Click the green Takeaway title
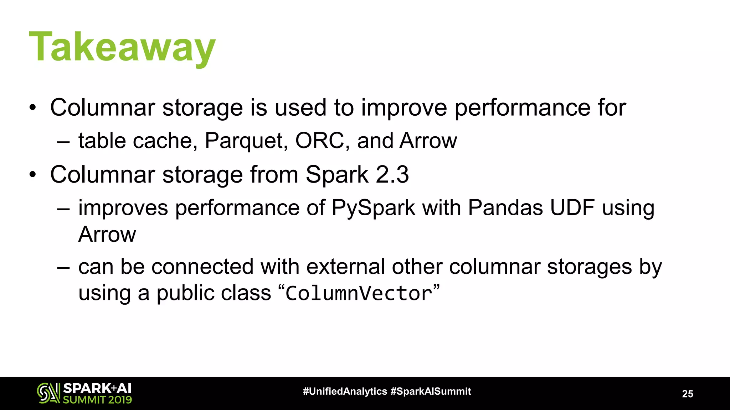(x=122, y=47)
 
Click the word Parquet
(x=246, y=141)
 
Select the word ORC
(x=320, y=141)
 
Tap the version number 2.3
(x=392, y=174)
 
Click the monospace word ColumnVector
(x=359, y=294)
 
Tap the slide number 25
(x=687, y=394)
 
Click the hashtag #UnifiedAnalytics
(x=345, y=391)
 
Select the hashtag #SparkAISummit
(x=431, y=391)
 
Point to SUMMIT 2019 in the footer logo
(x=97, y=400)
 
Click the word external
(x=345, y=267)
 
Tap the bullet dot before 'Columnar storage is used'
(x=33, y=108)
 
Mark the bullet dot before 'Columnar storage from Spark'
(x=33, y=175)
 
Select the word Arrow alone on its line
(x=107, y=235)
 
